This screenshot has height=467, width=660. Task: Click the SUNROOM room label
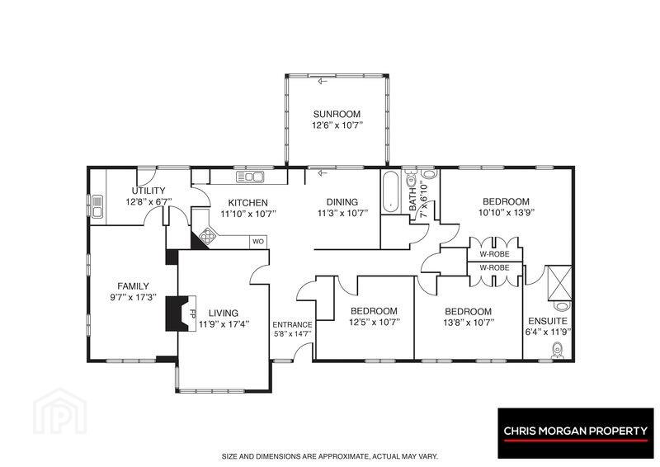tap(337, 114)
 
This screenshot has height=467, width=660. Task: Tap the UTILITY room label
tap(148, 191)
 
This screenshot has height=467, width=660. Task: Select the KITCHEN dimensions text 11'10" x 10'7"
tap(248, 214)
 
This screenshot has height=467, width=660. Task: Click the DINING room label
tap(342, 202)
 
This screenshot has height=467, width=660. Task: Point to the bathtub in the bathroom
tap(391, 192)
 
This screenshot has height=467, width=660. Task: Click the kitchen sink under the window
tap(250, 177)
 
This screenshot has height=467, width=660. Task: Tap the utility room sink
tap(97, 206)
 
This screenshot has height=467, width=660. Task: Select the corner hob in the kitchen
tap(207, 235)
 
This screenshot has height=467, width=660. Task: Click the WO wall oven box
tap(258, 242)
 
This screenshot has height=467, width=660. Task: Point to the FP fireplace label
tap(193, 314)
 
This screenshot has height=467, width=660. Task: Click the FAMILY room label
tap(133, 286)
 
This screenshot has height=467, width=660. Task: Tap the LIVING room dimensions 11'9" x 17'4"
tap(224, 323)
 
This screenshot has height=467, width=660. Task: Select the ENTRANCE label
tap(293, 324)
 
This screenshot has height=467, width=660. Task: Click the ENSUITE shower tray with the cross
tap(559, 283)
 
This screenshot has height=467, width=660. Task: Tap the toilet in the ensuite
tap(558, 351)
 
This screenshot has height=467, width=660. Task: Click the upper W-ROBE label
tap(494, 254)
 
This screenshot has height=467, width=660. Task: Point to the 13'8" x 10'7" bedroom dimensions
tap(469, 323)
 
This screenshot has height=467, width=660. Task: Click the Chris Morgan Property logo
tap(576, 433)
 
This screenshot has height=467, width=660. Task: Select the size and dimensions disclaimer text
tap(331, 456)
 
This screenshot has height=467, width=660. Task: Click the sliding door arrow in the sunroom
tap(323, 81)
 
